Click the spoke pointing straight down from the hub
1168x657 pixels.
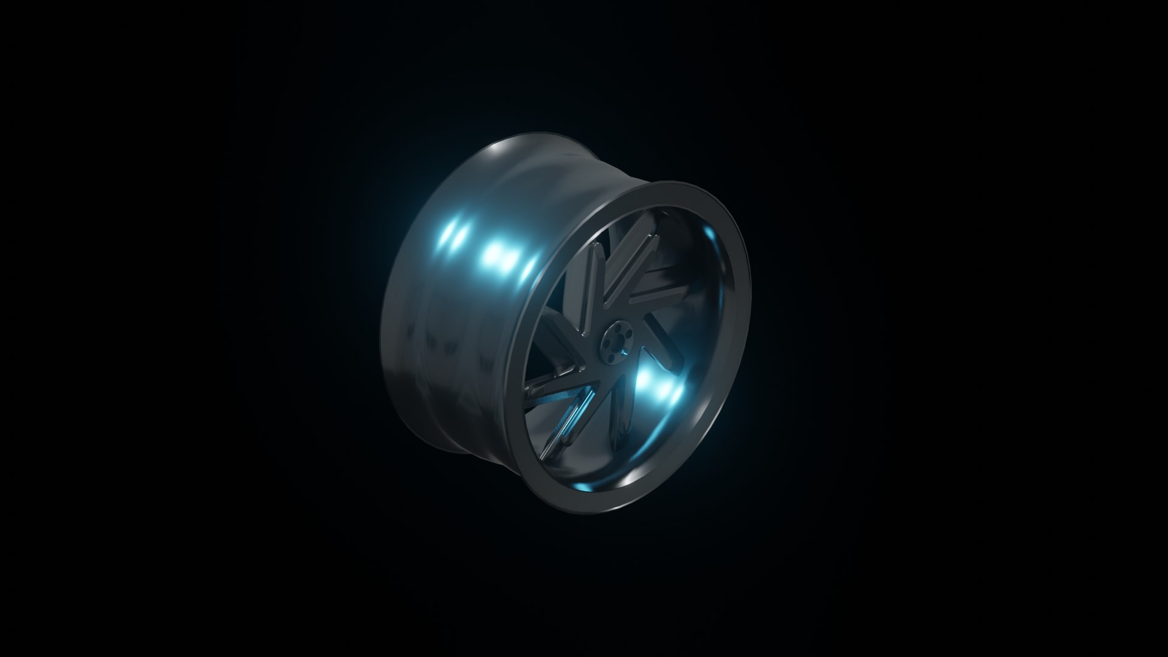[x=621, y=414]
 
